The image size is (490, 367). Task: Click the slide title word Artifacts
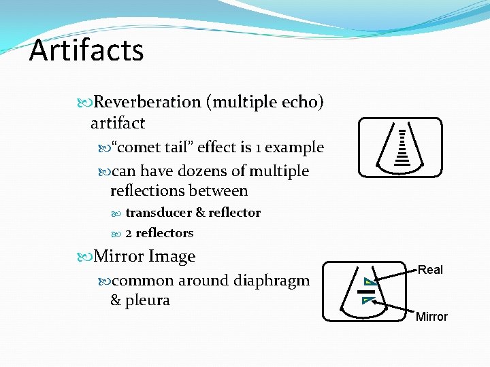pyautogui.click(x=86, y=51)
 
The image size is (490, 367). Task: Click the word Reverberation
pyautogui.click(x=147, y=103)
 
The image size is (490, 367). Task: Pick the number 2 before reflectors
pyautogui.click(x=129, y=233)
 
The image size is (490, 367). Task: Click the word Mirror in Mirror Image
pyautogui.click(x=118, y=257)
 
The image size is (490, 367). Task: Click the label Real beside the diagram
pyautogui.click(x=430, y=270)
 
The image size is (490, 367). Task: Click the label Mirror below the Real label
pyautogui.click(x=431, y=317)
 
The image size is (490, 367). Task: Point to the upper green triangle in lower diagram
pyautogui.click(x=368, y=281)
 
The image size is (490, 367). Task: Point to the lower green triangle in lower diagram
pyautogui.click(x=368, y=299)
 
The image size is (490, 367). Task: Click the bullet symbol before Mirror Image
pyautogui.click(x=85, y=257)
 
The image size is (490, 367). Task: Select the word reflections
pyautogui.click(x=144, y=192)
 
